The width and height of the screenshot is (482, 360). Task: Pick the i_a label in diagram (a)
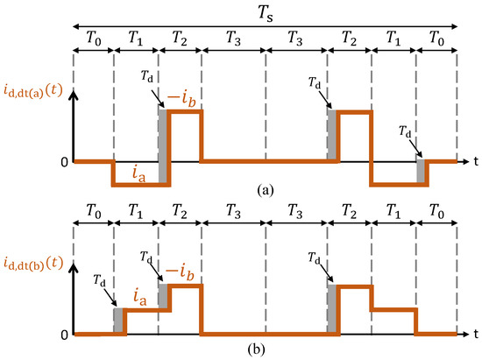[x=133, y=174]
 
